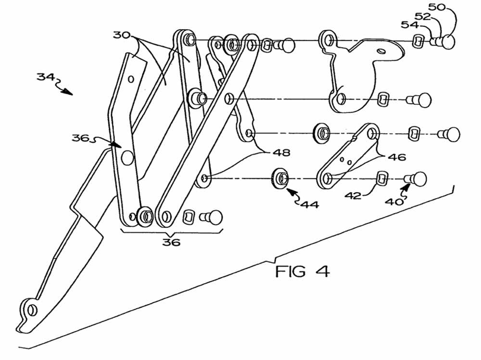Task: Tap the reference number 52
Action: point(423,16)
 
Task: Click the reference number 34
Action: point(46,76)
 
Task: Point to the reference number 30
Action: point(122,35)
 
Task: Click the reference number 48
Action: point(281,152)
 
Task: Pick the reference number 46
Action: point(397,157)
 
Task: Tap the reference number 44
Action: point(310,204)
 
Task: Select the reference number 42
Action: point(353,196)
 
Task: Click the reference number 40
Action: point(394,202)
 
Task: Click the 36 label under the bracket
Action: point(171,242)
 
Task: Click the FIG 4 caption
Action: point(303,272)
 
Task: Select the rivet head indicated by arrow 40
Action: point(419,179)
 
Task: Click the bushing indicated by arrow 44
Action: point(280,178)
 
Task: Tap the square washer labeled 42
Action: point(381,178)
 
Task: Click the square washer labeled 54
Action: point(418,40)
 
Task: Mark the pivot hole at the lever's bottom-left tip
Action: point(32,310)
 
